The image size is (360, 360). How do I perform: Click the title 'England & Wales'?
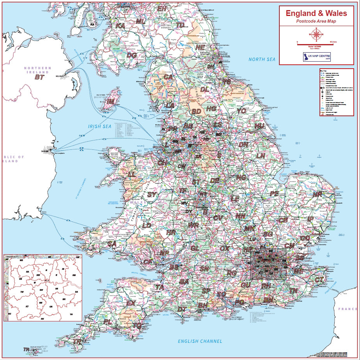point(316,13)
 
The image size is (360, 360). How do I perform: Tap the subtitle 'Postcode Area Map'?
point(316,21)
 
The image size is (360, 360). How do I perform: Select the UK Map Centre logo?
point(316,57)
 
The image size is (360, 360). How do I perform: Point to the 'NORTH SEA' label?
point(262,59)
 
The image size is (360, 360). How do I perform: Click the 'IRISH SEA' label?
point(100,126)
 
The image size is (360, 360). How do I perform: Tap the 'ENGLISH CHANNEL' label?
point(200,341)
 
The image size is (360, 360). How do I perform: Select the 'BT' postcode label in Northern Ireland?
point(39,77)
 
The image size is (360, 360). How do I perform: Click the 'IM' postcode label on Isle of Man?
point(111,102)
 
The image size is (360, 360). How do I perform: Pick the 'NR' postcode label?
point(318,194)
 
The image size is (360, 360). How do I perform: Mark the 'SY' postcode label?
point(152,194)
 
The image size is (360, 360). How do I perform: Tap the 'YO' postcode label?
point(242,111)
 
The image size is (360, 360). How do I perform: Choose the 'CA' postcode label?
point(168,77)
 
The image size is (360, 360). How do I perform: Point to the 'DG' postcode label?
point(132,55)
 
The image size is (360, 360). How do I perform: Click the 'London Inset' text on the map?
point(268,264)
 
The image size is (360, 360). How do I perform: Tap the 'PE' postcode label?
point(274,193)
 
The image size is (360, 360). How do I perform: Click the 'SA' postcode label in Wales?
point(112,244)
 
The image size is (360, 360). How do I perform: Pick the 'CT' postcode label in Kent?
point(319,280)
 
